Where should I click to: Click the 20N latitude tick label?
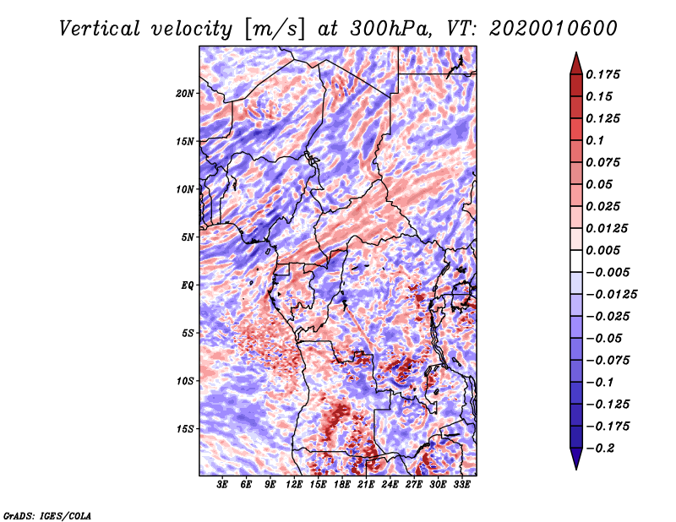tap(185, 93)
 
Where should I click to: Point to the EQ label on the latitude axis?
tap(188, 285)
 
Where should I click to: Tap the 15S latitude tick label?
tap(185, 429)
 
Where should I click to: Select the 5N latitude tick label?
tap(188, 237)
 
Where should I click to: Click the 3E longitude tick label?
tap(223, 486)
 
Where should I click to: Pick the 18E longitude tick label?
tap(342, 486)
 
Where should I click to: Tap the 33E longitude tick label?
tap(461, 486)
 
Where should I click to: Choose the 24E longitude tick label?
tap(390, 486)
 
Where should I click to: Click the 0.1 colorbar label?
tap(596, 140)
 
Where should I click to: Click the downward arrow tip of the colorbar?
tap(575, 467)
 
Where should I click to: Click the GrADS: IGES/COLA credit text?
tap(47, 514)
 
